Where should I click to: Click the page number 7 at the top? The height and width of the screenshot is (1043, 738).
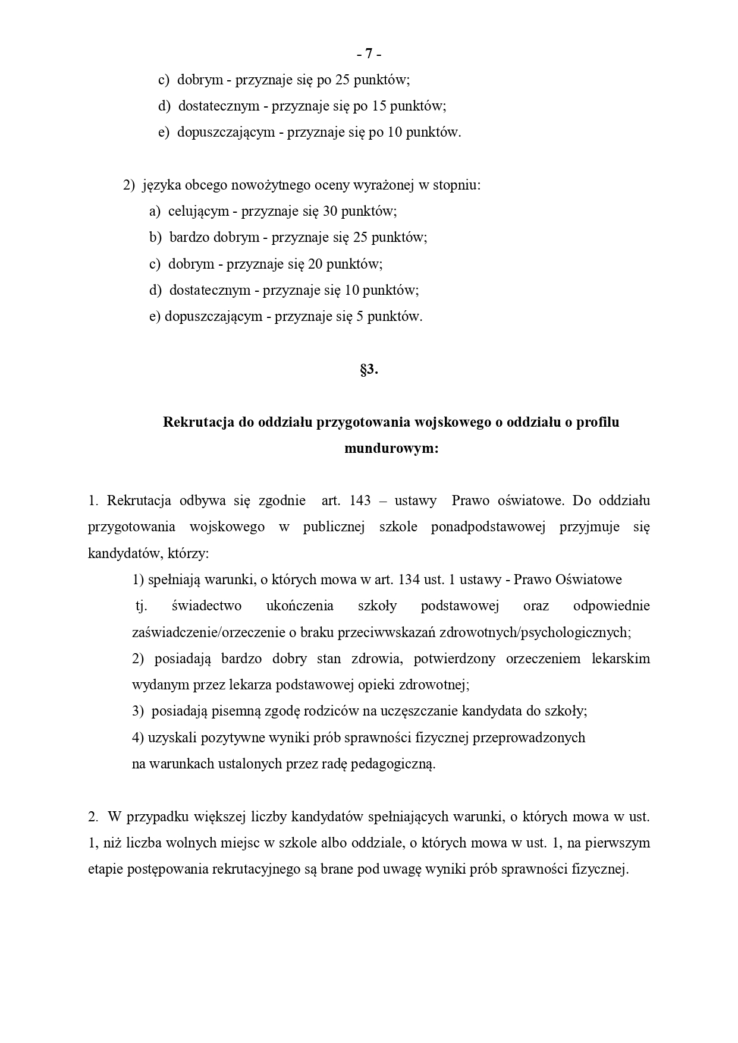[369, 54]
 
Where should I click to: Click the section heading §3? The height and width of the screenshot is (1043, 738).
[369, 369]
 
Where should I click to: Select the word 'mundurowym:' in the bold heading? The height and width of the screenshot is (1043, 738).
[391, 449]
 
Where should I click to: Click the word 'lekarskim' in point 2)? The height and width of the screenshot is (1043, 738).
[621, 658]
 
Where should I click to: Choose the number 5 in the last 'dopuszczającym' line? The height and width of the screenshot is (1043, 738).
[359, 316]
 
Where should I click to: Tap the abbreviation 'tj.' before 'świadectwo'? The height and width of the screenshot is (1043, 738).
[141, 606]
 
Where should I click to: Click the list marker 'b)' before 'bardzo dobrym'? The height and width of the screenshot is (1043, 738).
[155, 238]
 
